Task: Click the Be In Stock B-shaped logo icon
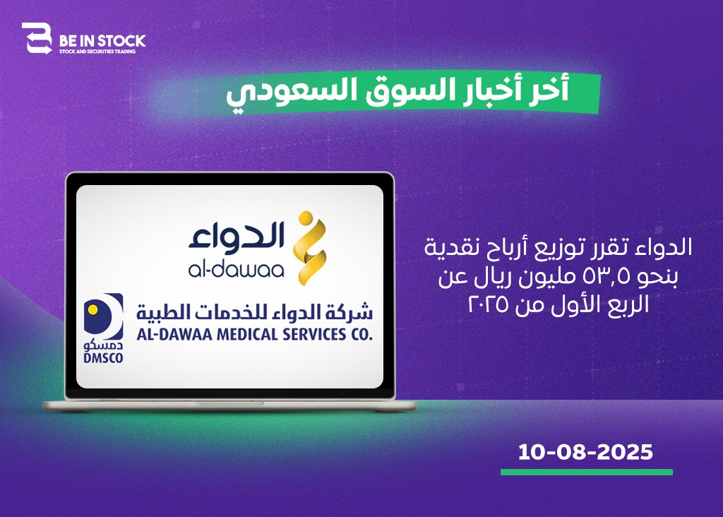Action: click(37, 38)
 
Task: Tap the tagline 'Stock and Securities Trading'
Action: click(97, 52)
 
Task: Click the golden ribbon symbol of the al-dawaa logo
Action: click(310, 248)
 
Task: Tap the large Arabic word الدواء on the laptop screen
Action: click(236, 235)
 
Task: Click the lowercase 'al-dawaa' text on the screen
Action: click(236, 270)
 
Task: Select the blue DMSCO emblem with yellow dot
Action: click(103, 316)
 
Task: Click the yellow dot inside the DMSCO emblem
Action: click(92, 309)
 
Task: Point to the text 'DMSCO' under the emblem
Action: click(103, 358)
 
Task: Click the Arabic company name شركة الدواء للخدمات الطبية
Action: click(254, 312)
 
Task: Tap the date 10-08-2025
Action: click(585, 451)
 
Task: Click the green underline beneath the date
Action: click(587, 472)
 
